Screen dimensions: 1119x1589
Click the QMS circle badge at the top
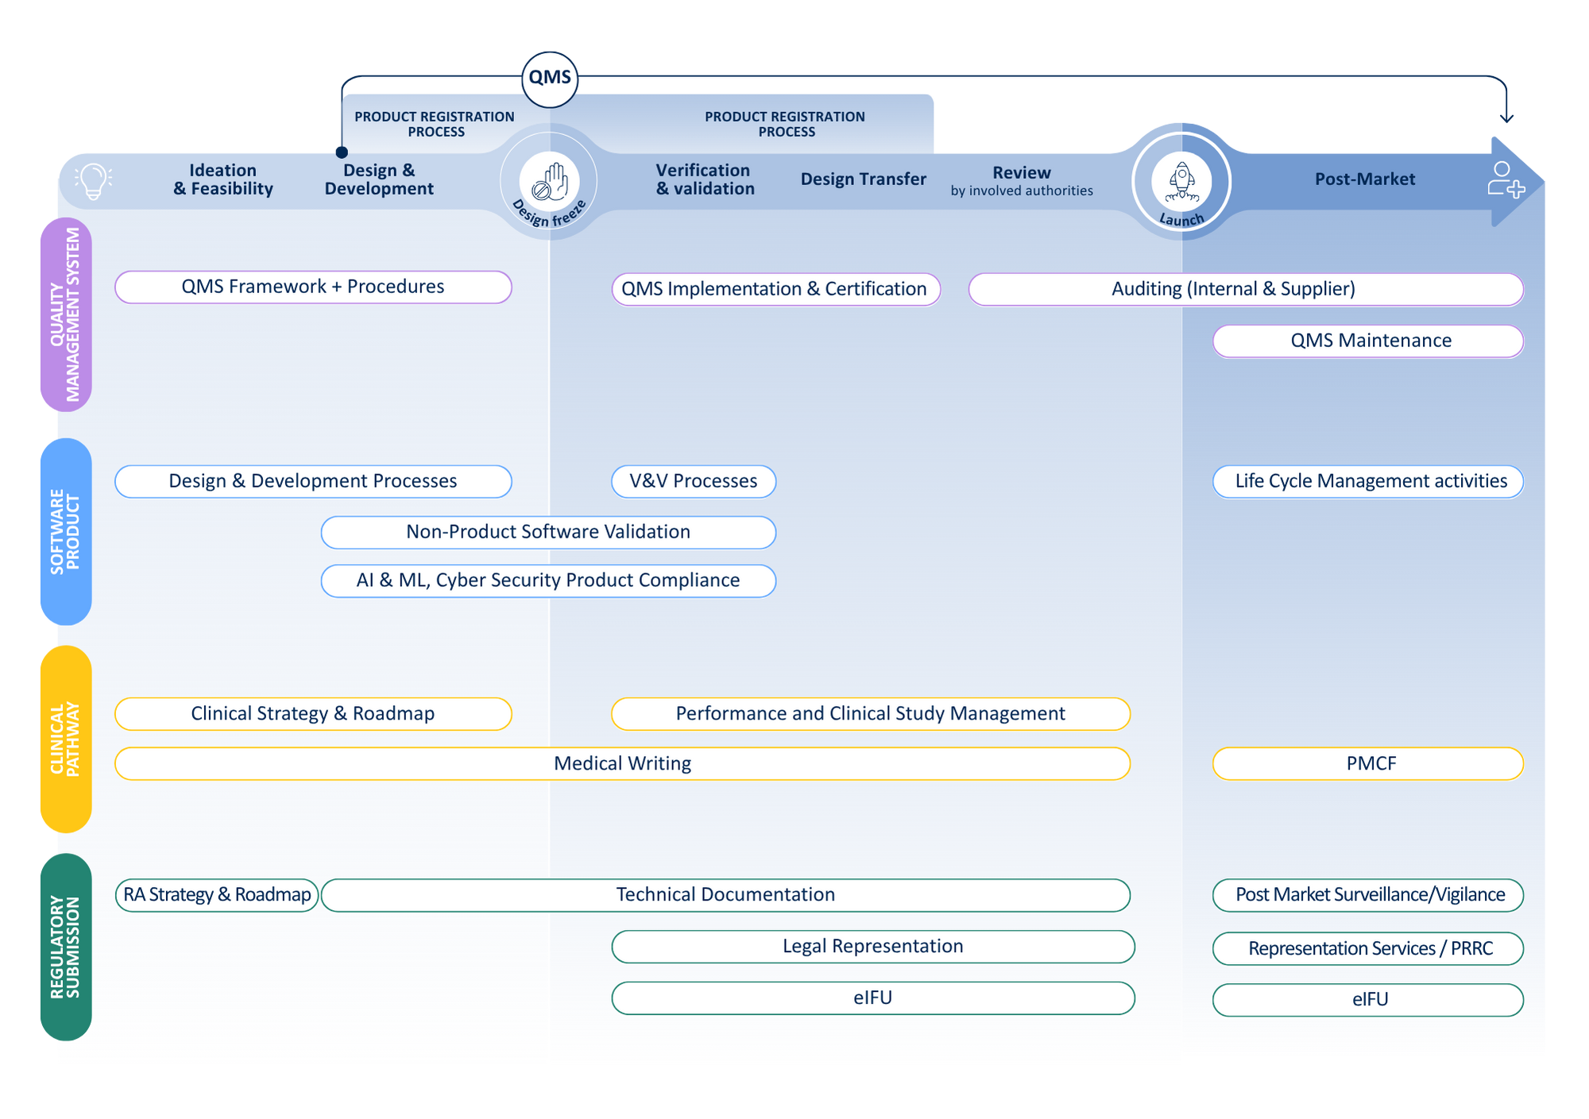(x=550, y=78)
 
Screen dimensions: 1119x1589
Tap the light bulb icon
(x=94, y=181)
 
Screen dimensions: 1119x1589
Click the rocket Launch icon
(x=1182, y=182)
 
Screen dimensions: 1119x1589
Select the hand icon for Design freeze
(x=550, y=182)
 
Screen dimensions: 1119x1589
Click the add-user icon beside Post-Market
(x=1505, y=179)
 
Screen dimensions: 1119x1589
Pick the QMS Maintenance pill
(x=1368, y=341)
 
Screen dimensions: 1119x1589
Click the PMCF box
(x=1368, y=764)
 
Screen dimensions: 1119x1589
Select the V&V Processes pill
(x=693, y=481)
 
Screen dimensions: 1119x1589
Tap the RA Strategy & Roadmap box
(x=217, y=895)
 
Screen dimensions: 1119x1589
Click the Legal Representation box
(x=872, y=947)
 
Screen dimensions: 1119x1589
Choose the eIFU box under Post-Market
(x=1368, y=1000)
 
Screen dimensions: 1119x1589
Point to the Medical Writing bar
(x=622, y=764)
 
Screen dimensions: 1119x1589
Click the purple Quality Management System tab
(x=65, y=314)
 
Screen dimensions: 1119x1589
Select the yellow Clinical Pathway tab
(x=65, y=739)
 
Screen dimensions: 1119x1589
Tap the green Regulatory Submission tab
(x=65, y=947)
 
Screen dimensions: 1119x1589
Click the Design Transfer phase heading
(x=863, y=179)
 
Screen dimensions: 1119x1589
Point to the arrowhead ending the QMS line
(x=1506, y=118)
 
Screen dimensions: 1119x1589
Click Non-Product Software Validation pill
(x=548, y=532)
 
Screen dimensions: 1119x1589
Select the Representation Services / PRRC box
(x=1368, y=949)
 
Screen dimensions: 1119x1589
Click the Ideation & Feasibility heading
(x=223, y=179)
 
